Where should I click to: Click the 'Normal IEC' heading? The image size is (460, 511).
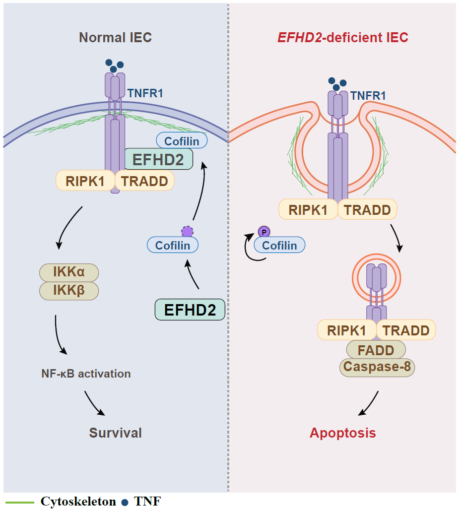click(x=115, y=38)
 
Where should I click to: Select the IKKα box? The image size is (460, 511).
click(x=69, y=272)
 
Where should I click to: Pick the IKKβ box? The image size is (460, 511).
click(x=69, y=291)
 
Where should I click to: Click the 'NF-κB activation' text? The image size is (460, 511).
click(x=86, y=374)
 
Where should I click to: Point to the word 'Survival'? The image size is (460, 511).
click(x=115, y=433)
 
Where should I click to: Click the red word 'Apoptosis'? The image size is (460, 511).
click(x=342, y=433)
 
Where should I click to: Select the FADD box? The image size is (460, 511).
click(x=377, y=350)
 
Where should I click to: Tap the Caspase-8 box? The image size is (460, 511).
click(x=377, y=368)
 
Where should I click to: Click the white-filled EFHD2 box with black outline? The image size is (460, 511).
click(x=190, y=310)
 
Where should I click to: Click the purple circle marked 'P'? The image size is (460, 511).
click(x=263, y=231)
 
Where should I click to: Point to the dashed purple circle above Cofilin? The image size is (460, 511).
click(x=187, y=231)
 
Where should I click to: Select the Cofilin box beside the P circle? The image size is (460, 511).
click(x=279, y=245)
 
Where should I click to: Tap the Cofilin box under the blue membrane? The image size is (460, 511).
click(x=182, y=141)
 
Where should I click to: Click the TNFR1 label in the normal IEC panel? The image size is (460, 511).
click(x=145, y=93)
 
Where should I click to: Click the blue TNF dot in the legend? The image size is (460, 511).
click(x=125, y=502)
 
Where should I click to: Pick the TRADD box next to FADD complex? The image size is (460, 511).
click(x=406, y=330)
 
